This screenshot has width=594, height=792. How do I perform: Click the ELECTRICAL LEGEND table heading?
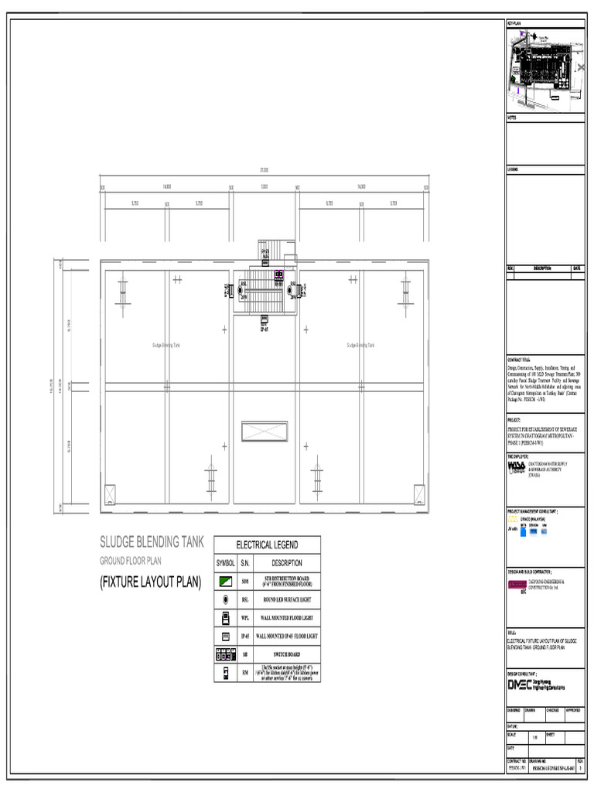tap(267, 544)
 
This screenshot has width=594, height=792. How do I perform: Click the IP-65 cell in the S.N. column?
tap(246, 636)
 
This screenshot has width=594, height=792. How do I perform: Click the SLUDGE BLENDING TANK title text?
tap(152, 542)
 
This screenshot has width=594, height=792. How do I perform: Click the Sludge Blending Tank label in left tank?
tap(166, 345)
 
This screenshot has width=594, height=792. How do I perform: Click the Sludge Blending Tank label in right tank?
tap(360, 345)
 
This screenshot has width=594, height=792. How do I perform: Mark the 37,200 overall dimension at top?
tap(265, 170)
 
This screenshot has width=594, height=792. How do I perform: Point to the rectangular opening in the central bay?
tap(265, 432)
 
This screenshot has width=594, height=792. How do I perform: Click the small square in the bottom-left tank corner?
tap(109, 493)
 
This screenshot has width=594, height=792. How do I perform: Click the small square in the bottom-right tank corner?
tap(418, 493)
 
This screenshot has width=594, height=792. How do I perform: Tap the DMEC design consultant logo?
tap(535, 684)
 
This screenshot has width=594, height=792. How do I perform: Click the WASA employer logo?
tap(516, 469)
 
